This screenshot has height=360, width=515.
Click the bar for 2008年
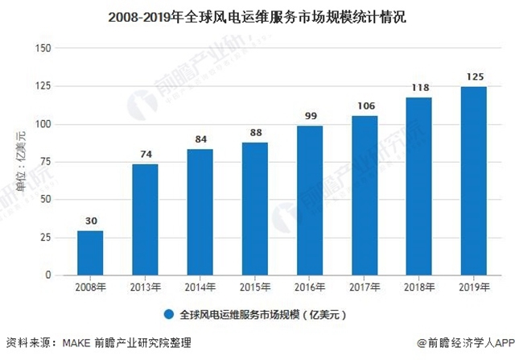coord(90,253)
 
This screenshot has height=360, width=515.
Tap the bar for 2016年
coord(309,201)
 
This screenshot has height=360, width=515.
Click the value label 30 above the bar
coord(90,221)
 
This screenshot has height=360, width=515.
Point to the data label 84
coord(200,139)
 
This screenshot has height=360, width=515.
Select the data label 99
coord(309,116)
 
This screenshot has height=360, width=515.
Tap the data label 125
coord(473,77)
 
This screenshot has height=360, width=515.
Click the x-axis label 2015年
coord(254,288)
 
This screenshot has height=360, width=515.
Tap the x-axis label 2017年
coord(364,288)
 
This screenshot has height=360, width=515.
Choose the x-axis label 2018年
coord(418,288)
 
